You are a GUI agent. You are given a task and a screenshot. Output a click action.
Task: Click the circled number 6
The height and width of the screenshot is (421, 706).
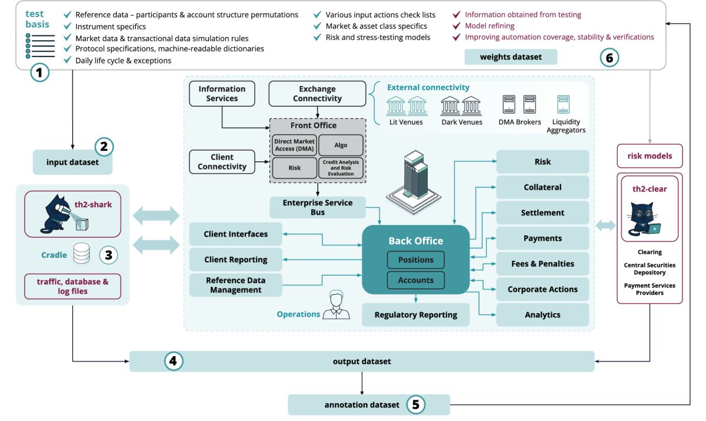pos(610,57)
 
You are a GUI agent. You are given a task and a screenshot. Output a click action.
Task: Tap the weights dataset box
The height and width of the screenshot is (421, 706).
pos(511,57)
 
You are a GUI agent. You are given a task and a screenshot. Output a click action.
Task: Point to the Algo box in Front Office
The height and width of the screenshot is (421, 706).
pos(341,145)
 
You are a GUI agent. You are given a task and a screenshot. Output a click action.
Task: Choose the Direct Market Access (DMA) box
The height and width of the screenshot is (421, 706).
pos(294,145)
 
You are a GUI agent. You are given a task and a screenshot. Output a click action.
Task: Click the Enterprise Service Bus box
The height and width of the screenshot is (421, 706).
pos(318,207)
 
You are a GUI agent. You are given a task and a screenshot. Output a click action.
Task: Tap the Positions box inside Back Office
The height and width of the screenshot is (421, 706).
pos(415,260)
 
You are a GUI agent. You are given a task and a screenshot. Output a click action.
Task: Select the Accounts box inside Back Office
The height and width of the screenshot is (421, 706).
pos(415,280)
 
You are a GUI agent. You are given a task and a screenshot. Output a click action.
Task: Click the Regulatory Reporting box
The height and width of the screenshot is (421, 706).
pos(415,314)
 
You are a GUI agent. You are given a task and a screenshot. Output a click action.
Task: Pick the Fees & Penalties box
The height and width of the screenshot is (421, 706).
pos(542,264)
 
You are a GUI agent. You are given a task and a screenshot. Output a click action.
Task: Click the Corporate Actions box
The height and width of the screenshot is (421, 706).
pos(542,289)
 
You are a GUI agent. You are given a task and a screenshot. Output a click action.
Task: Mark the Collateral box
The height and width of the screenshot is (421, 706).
pos(542,187)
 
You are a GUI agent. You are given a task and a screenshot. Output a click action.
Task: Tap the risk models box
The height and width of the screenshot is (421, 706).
pos(650,156)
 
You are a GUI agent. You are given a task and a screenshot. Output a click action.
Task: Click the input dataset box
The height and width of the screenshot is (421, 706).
pos(73,162)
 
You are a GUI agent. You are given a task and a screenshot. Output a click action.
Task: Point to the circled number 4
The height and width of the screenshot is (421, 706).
pos(172,361)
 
